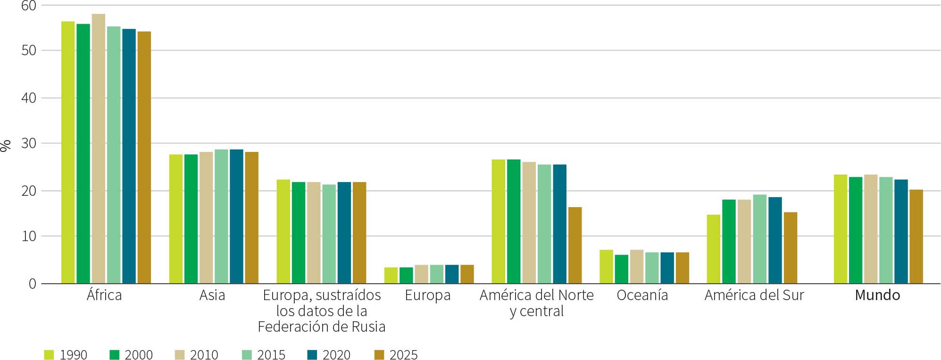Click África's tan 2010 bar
[x=98, y=149]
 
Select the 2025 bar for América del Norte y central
[x=575, y=245]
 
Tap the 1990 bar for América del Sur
[x=713, y=249]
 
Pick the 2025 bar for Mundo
[x=916, y=236]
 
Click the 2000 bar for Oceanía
[x=621, y=269]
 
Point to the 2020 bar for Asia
[x=236, y=217]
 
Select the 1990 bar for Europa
[x=391, y=276]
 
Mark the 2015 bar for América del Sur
[x=759, y=239]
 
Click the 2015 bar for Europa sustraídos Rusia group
[x=329, y=234]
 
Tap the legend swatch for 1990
[x=49, y=355]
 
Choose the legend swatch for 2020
[x=312, y=355]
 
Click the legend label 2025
[x=403, y=355]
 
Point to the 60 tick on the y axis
[x=29, y=6]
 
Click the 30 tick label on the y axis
[x=29, y=143]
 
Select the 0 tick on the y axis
[x=32, y=284]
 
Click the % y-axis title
[x=6, y=146]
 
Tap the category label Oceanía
[x=642, y=295]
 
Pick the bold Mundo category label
[x=877, y=295]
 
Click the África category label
[x=104, y=295]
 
